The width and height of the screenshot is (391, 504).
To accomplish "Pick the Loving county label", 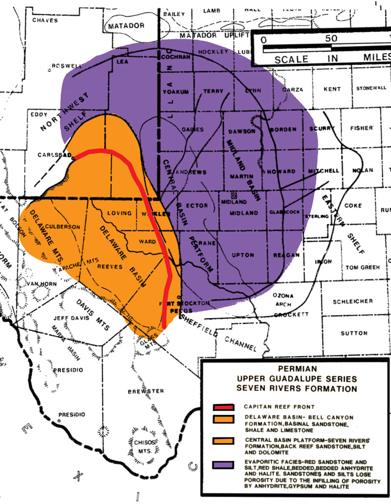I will click(119, 213).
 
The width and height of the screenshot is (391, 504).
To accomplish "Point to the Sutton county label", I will click(355, 333).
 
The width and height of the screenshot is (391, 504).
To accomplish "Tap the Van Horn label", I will click(39, 284).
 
